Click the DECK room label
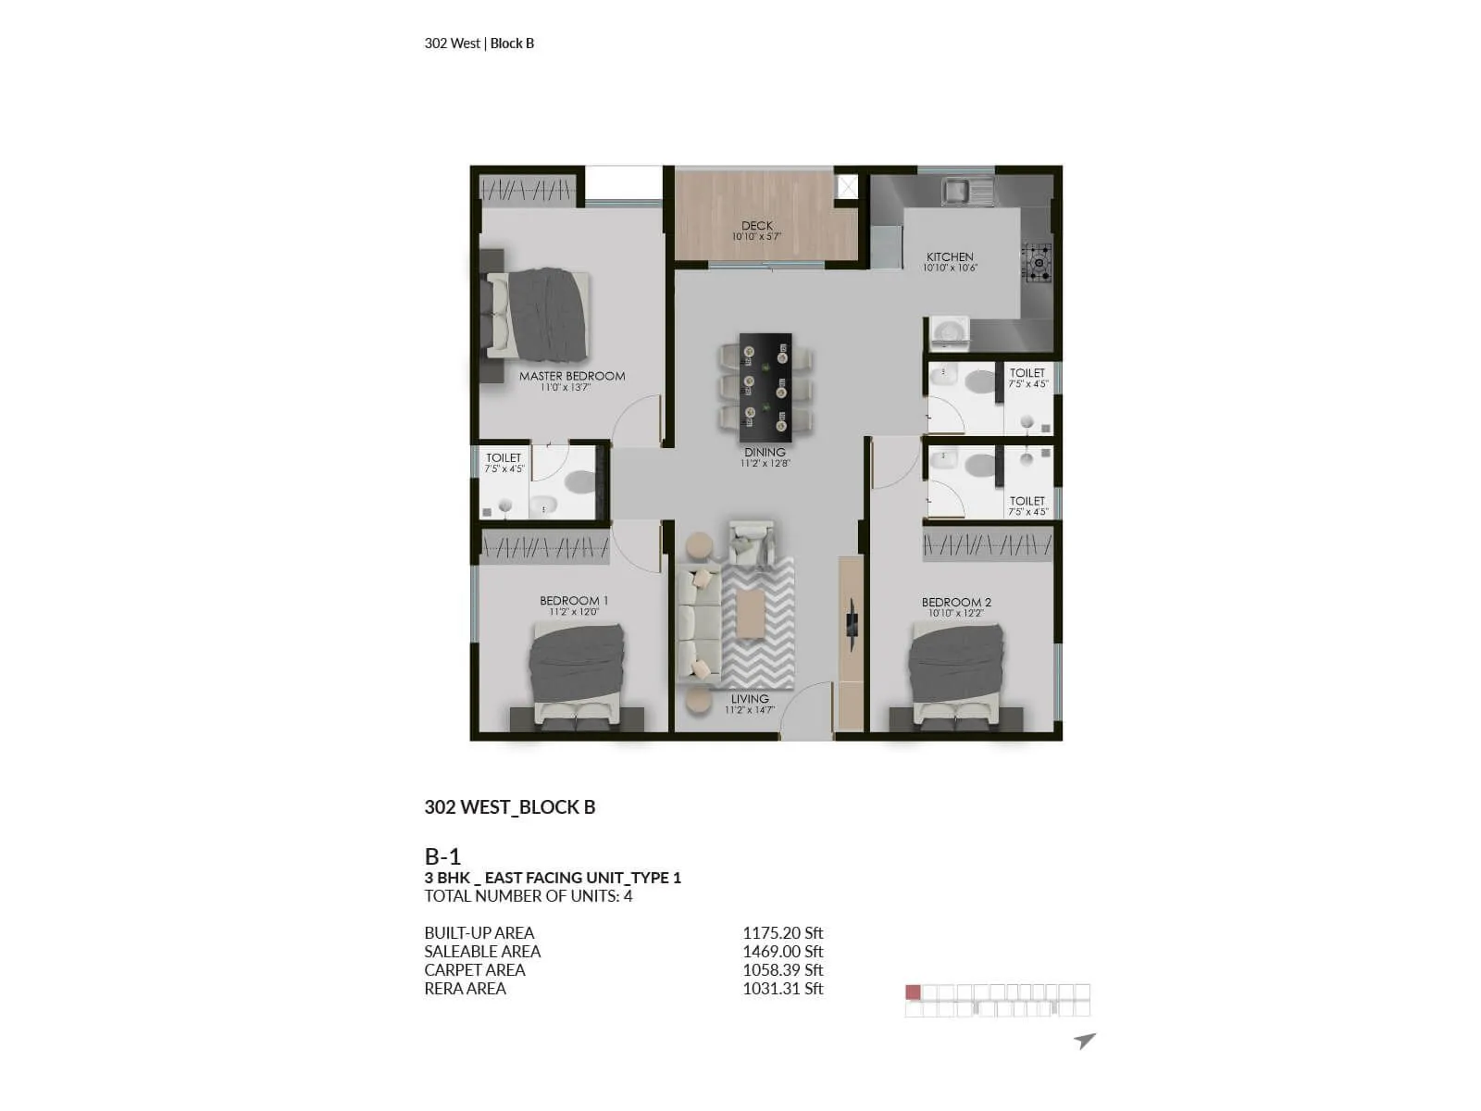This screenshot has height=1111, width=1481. click(x=756, y=226)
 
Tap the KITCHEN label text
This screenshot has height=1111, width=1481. click(x=950, y=256)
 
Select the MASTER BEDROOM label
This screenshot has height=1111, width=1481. click(x=571, y=376)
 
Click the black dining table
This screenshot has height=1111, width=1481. click(x=765, y=387)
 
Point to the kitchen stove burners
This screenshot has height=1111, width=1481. click(x=1038, y=262)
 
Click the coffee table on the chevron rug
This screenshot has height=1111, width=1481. click(x=751, y=615)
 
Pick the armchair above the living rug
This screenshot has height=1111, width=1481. click(x=751, y=543)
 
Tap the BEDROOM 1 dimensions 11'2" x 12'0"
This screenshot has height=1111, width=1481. click(x=574, y=612)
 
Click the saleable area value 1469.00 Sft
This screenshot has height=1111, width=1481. click(x=782, y=952)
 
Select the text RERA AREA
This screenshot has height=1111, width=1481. click(x=465, y=989)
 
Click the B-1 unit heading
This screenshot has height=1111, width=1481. click(x=442, y=856)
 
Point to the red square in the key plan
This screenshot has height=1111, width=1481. click(x=914, y=992)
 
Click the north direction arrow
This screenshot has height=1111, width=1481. click(x=1085, y=1041)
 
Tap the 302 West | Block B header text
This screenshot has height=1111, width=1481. click(x=479, y=44)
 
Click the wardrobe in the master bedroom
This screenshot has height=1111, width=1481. click(x=527, y=191)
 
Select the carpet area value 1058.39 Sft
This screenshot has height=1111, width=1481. click(x=782, y=970)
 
